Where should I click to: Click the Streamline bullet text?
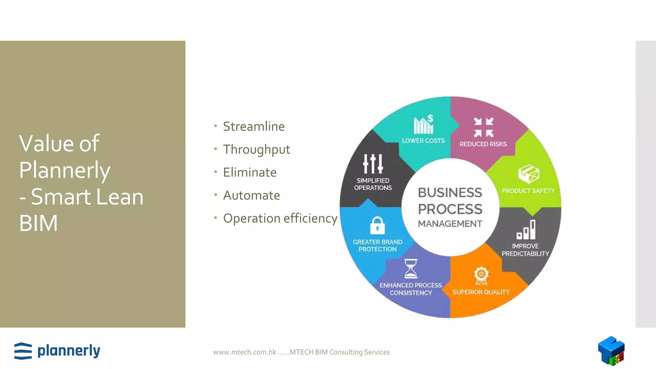click(254, 127)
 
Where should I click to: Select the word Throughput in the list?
click(257, 150)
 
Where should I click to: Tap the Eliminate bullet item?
click(250, 173)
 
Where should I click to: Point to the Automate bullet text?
click(251, 195)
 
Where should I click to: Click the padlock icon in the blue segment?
click(377, 225)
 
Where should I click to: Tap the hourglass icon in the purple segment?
click(411, 269)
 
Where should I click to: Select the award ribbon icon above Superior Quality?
click(481, 276)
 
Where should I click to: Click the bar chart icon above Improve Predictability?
click(526, 230)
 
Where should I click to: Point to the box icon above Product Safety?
click(529, 174)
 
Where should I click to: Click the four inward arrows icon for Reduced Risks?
click(484, 127)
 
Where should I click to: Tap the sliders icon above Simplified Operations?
click(373, 164)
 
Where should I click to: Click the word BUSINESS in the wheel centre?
click(450, 193)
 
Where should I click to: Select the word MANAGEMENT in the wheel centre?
click(450, 224)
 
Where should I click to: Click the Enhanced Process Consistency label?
click(411, 289)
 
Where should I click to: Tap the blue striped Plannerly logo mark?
click(23, 351)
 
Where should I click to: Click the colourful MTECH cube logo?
click(611, 351)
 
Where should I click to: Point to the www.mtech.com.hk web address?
click(245, 352)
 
